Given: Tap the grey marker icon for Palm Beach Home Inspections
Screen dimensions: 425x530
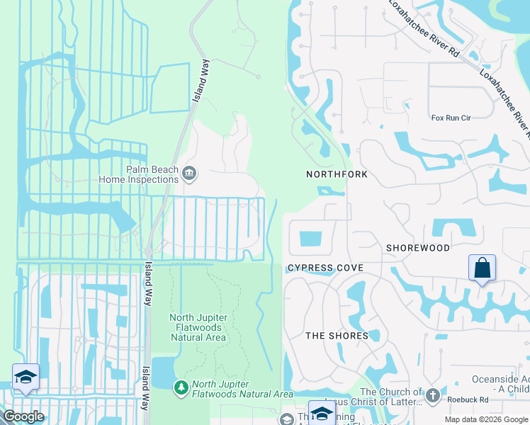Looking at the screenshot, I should tap(189, 173).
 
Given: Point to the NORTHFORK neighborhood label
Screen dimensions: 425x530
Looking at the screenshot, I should tap(337, 174).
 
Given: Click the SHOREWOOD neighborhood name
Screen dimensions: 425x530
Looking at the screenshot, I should tap(418, 249).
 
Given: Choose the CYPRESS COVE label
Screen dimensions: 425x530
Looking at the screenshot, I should tap(325, 268).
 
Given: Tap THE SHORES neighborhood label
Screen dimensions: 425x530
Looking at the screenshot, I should tap(337, 336).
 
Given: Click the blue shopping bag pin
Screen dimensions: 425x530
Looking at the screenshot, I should tap(482, 268).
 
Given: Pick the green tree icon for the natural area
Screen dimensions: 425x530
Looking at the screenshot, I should tap(181, 387).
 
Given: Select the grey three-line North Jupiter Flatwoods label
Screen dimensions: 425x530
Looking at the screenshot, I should tap(198, 327).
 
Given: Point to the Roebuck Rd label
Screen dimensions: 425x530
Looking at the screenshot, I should tap(468, 399).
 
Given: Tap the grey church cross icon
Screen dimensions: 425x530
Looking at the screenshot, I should tap(432, 393).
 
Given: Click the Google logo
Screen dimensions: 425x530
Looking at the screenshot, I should tap(23, 416).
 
